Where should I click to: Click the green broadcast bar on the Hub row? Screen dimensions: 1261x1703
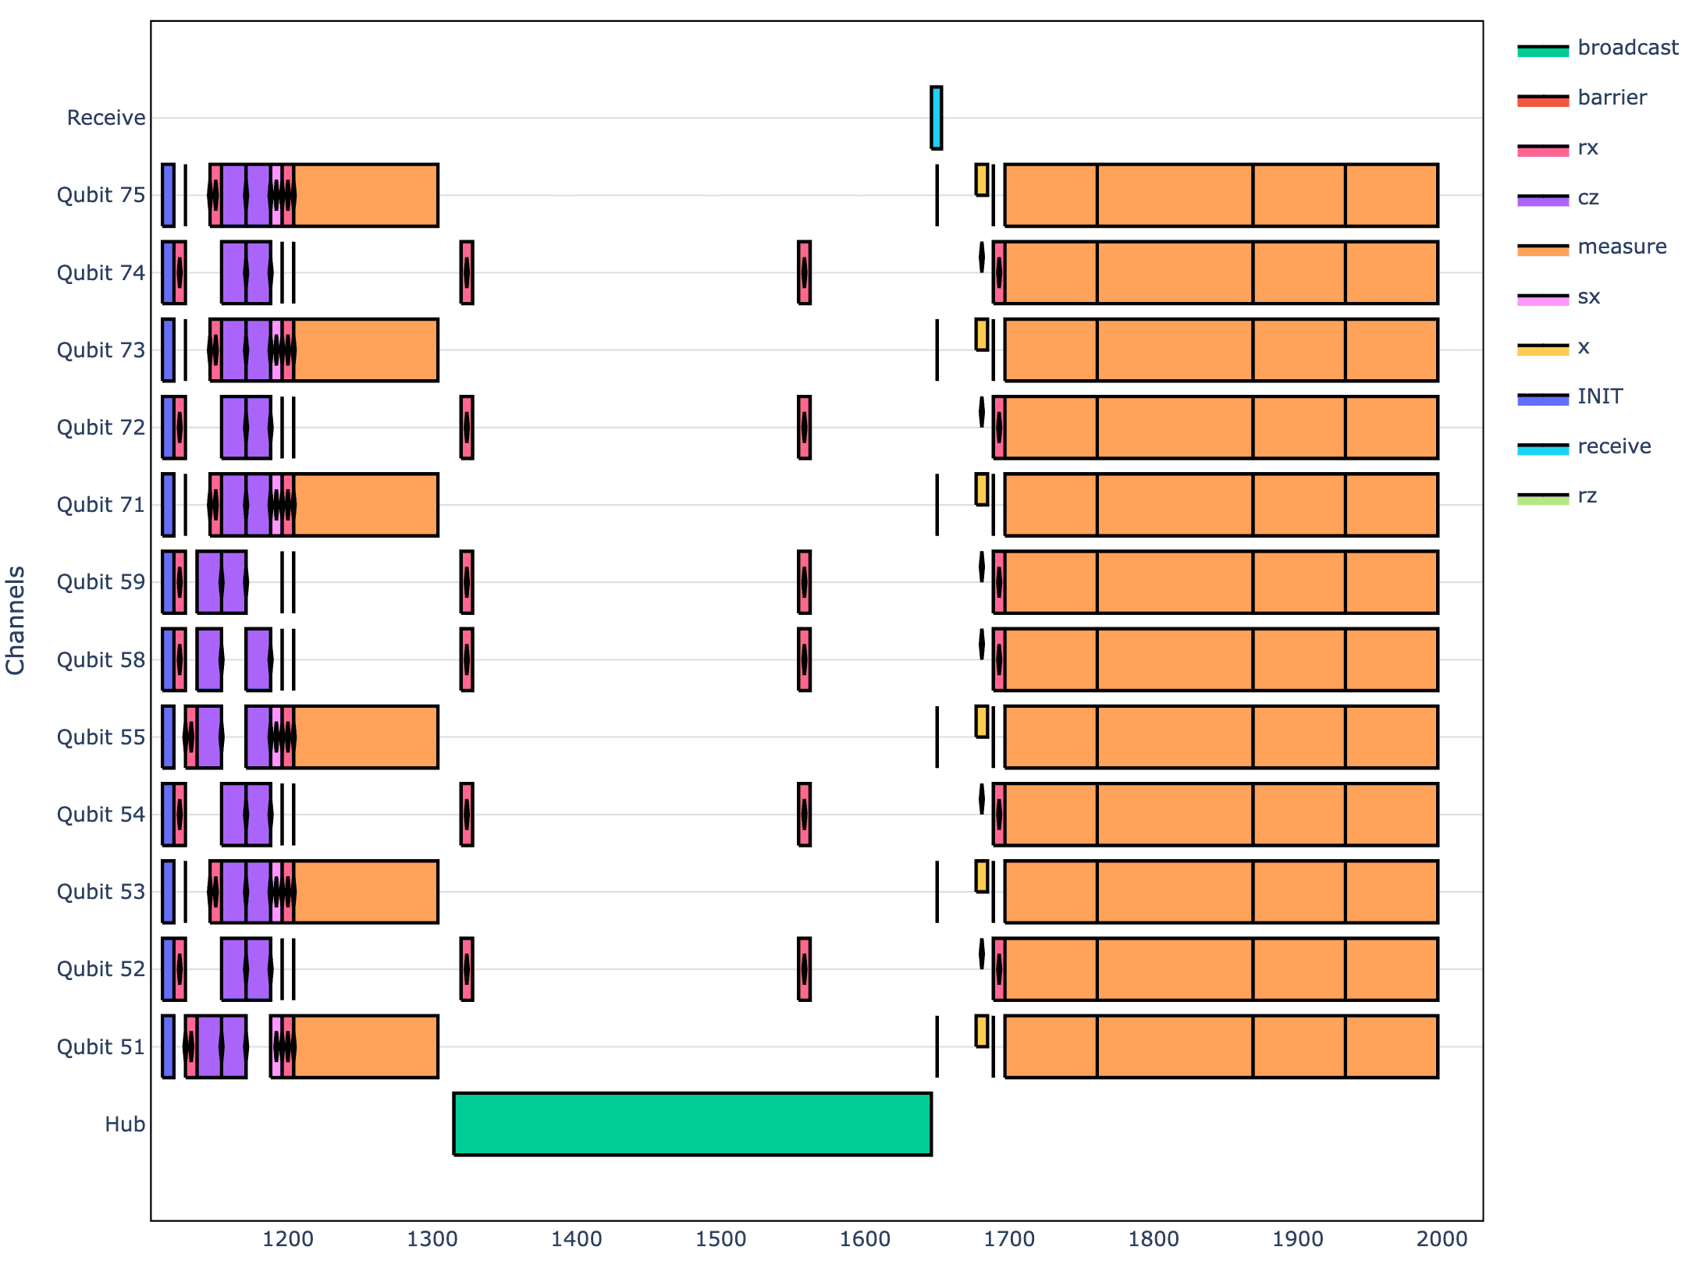tap(692, 1124)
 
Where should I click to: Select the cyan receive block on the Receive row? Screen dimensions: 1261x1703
tap(936, 118)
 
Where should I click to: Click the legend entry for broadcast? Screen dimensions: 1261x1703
tap(1627, 48)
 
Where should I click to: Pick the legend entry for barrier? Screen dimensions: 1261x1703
tap(1612, 98)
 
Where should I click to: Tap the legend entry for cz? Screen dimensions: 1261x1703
tap(1587, 197)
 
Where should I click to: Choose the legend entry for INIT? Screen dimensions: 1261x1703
tap(1599, 396)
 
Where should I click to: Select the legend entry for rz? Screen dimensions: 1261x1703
tap(1587, 496)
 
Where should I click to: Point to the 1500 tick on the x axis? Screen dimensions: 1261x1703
tap(720, 1238)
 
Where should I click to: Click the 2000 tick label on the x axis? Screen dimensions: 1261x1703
tap(1442, 1238)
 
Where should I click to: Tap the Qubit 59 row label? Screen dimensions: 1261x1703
tap(101, 582)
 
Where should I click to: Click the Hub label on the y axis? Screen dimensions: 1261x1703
tap(125, 1124)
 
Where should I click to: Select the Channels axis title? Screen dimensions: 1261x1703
tap(16, 620)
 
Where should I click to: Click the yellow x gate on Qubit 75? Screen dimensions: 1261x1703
tap(982, 179)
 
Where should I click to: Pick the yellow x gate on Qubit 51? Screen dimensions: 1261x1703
tap(982, 1031)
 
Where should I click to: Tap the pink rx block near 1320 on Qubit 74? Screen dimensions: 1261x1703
tap(467, 272)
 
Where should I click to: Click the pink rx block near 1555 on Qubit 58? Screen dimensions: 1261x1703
tap(804, 659)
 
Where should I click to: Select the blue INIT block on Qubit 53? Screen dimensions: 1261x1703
tap(168, 892)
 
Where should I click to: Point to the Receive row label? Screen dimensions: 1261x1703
tap(106, 118)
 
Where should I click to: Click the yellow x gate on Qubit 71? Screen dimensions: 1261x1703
tap(982, 489)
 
